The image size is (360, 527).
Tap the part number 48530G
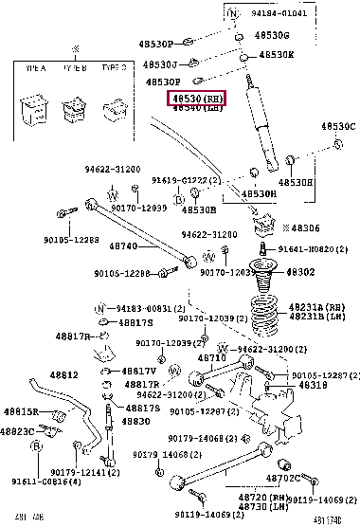point(273,34)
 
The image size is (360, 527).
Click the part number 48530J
point(160,64)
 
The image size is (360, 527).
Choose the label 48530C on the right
point(337,126)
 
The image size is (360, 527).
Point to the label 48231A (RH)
point(317,307)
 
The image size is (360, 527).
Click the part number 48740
point(124,246)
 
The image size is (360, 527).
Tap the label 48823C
point(20,431)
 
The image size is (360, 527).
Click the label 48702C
point(281,479)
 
